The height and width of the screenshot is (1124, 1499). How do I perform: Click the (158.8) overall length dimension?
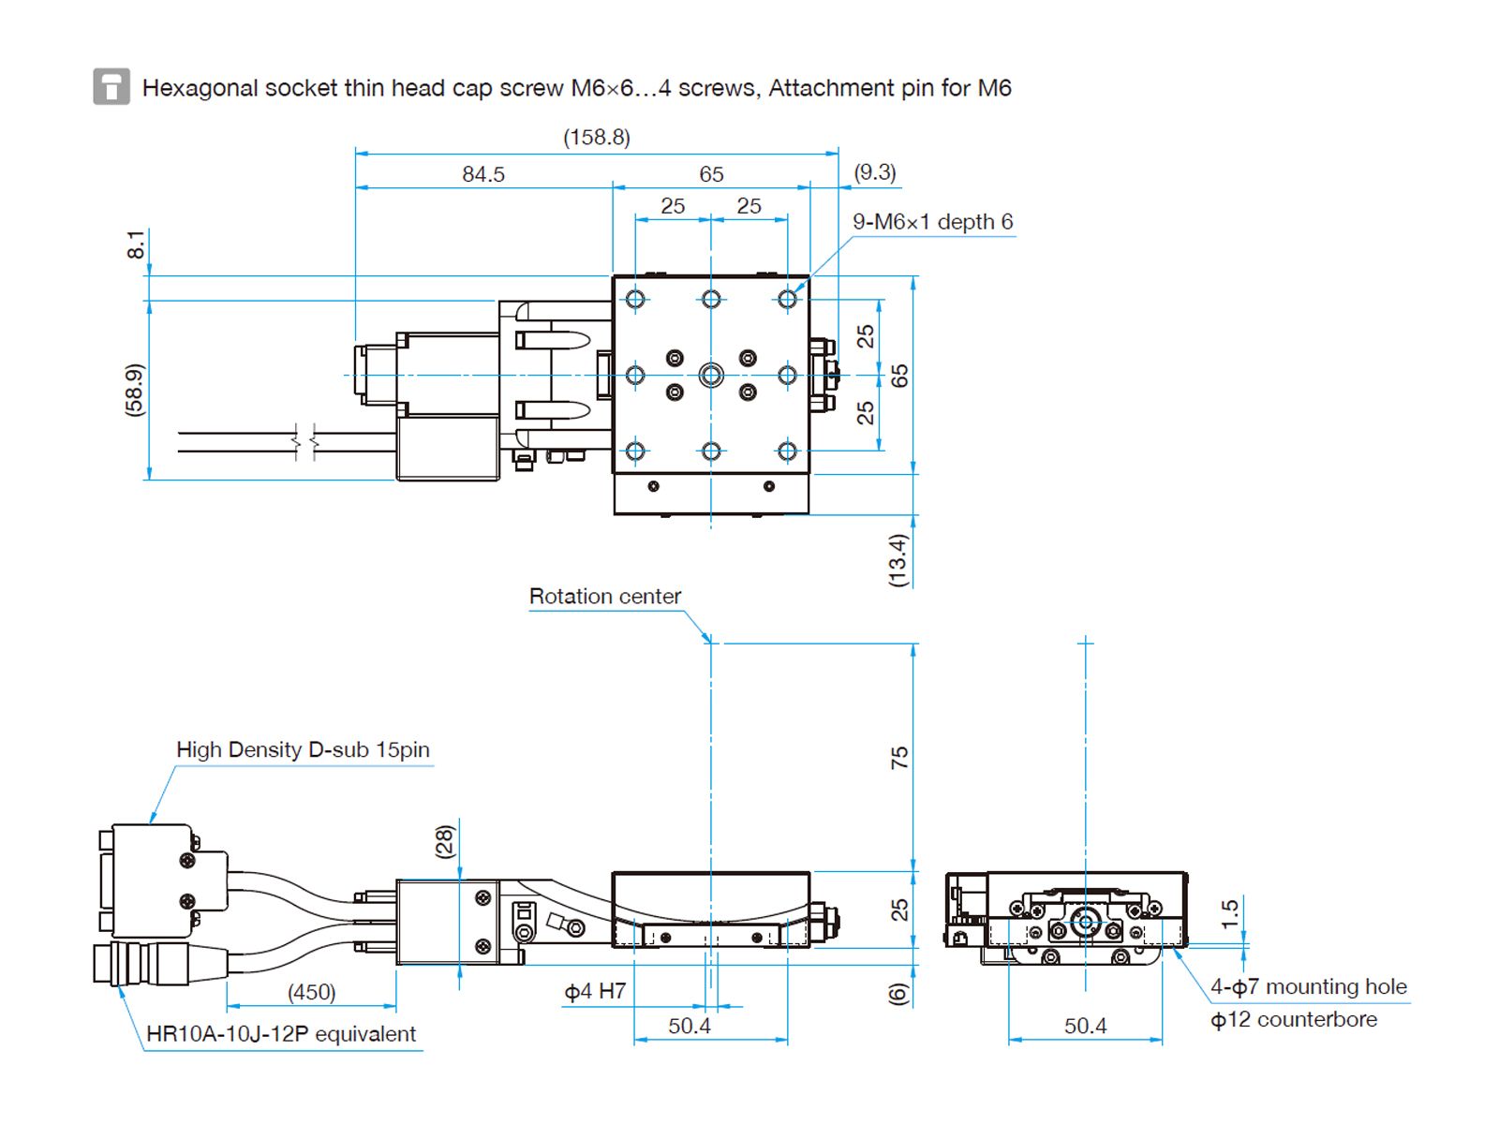(596, 138)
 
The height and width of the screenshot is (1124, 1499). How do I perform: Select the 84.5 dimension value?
(483, 174)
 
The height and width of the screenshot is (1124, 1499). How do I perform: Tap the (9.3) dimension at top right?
(874, 172)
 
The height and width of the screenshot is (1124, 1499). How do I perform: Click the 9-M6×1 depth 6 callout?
(932, 222)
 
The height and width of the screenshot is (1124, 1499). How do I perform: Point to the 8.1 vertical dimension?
(137, 244)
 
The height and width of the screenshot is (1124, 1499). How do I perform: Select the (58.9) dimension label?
(135, 390)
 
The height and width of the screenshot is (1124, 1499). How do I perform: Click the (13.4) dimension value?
(898, 560)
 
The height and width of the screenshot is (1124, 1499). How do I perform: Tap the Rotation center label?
(604, 597)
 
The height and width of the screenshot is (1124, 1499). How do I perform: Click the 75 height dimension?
(899, 758)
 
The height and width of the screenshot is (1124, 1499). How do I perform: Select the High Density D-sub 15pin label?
(303, 750)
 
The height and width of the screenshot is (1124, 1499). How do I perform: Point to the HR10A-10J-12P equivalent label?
(281, 1034)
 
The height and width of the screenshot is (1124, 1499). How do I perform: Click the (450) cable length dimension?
(311, 992)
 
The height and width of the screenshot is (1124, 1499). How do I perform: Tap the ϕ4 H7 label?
(595, 991)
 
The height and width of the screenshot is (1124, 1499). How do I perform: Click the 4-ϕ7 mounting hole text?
(1308, 987)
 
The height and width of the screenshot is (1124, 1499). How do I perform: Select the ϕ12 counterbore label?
(1293, 1020)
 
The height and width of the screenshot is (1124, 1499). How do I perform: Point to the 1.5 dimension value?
(1230, 913)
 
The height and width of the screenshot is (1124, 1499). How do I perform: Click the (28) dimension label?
(445, 841)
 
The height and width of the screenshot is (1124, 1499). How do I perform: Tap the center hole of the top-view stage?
(711, 376)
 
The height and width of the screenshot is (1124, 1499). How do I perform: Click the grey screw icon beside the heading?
(111, 87)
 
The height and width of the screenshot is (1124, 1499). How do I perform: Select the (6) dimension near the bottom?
(898, 994)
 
